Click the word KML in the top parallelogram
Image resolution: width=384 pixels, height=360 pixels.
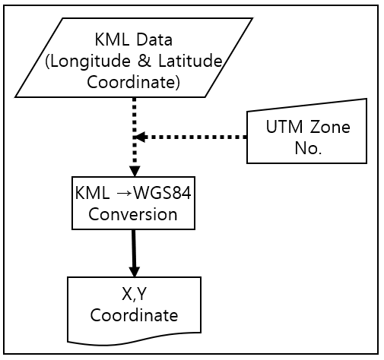click(x=113, y=39)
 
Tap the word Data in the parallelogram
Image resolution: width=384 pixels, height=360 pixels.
click(x=154, y=39)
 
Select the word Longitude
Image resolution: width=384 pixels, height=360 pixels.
click(x=88, y=62)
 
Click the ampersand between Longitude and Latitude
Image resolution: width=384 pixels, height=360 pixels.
click(x=144, y=61)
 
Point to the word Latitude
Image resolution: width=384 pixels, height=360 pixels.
click(x=190, y=61)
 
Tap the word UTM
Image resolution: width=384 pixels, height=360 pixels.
click(x=284, y=127)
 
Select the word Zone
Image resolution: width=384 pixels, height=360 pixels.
click(x=330, y=127)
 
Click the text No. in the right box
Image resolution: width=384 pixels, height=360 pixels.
click(x=308, y=148)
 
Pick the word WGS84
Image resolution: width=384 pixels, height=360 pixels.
click(x=162, y=193)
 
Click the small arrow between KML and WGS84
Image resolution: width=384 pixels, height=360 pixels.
click(x=124, y=194)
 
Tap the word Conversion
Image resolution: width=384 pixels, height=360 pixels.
click(x=133, y=214)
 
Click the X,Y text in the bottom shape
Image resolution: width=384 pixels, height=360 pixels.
click(x=134, y=294)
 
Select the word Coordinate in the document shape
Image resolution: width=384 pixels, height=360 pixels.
click(x=134, y=315)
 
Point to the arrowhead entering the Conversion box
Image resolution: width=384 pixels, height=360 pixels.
click(x=135, y=172)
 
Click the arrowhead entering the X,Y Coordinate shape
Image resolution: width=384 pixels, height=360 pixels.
click(x=135, y=272)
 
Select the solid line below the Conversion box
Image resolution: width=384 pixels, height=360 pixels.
click(x=134, y=248)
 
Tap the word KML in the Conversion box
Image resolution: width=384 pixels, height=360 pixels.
click(x=93, y=193)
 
